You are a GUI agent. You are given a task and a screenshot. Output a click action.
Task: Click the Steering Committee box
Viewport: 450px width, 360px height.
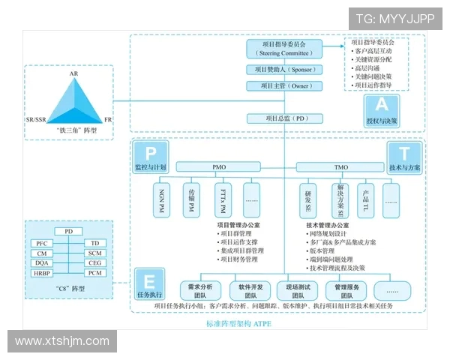[284, 49]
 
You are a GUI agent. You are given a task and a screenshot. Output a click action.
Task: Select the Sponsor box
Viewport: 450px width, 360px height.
[284, 70]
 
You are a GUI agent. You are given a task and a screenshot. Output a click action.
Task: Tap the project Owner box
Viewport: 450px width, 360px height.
[284, 86]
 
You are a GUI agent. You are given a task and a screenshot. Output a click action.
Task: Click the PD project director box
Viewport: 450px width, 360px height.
[284, 118]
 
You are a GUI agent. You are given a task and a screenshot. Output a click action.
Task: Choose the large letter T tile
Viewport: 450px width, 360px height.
[404, 153]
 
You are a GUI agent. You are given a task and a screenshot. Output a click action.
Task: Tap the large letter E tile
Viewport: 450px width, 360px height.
[149, 282]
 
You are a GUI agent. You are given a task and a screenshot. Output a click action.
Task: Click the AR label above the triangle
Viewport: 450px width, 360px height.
[73, 74]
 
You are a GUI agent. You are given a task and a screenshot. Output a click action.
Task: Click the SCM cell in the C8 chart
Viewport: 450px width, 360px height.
[94, 253]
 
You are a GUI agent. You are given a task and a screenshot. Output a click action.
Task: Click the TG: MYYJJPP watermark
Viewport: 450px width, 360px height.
[395, 19]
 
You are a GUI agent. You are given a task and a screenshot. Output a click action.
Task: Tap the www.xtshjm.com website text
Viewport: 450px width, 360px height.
[61, 342]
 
